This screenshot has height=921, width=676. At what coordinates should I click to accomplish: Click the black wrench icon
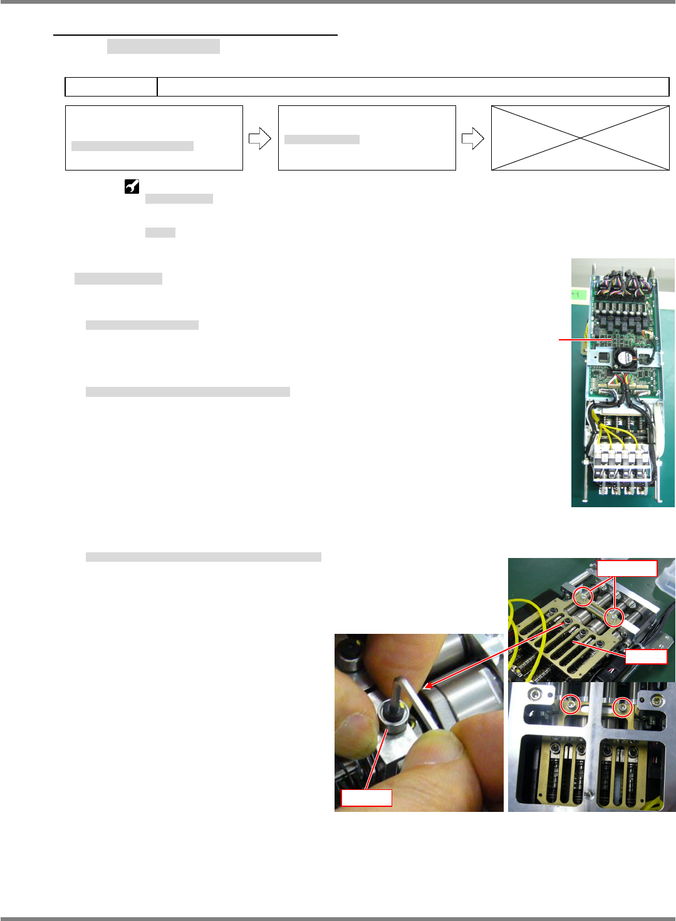point(132,186)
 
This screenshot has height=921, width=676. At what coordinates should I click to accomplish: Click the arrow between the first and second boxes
point(259,139)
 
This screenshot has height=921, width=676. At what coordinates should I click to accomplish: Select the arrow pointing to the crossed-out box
point(472,139)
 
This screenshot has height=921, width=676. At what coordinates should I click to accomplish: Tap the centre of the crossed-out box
point(580,138)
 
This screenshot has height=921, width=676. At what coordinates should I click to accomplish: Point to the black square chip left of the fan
point(602,358)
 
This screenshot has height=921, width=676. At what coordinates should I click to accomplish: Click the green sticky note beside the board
point(577,294)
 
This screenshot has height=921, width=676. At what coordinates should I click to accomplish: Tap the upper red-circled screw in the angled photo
point(583,597)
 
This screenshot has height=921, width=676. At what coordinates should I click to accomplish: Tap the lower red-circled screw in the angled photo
point(615,619)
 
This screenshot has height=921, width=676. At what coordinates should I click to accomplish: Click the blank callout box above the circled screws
point(627,569)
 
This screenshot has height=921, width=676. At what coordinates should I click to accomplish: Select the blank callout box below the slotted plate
point(646,656)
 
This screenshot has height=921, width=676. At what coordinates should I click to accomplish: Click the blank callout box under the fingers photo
point(366,797)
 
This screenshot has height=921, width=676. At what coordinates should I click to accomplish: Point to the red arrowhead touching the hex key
point(427,686)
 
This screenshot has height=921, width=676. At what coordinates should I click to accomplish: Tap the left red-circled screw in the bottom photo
point(570,705)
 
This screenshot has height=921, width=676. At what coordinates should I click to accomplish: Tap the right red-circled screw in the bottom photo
point(622,707)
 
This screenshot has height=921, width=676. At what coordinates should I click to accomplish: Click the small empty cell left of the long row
point(111,87)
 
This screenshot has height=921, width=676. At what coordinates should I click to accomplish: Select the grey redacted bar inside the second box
point(321,139)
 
